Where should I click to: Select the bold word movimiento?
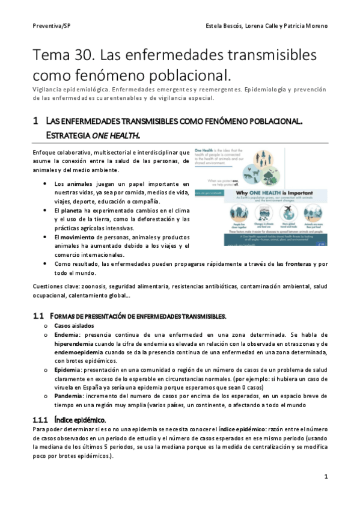click(x=81, y=237)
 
